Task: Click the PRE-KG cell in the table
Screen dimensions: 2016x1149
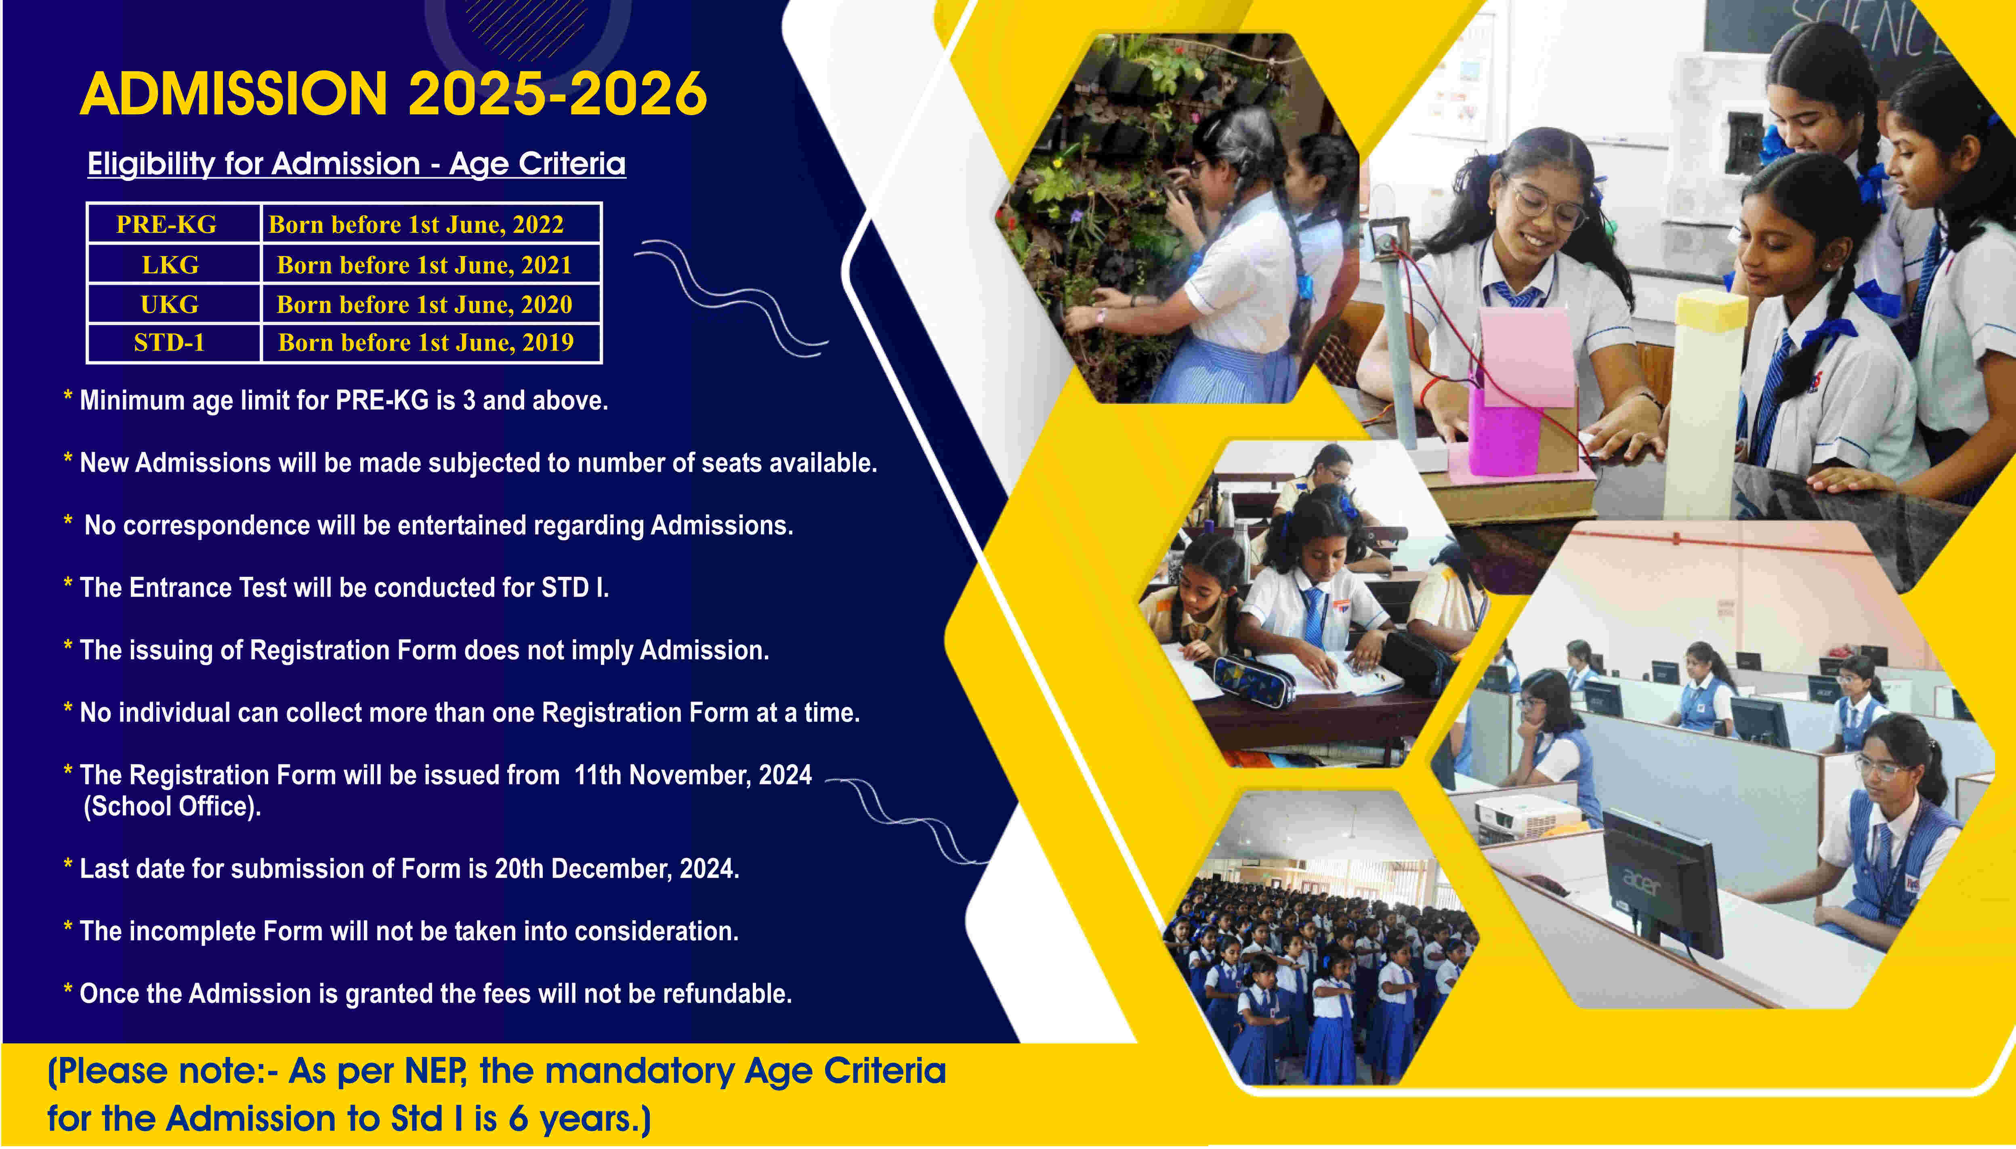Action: [166, 224]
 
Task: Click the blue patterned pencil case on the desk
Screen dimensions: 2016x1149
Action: [1253, 681]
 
